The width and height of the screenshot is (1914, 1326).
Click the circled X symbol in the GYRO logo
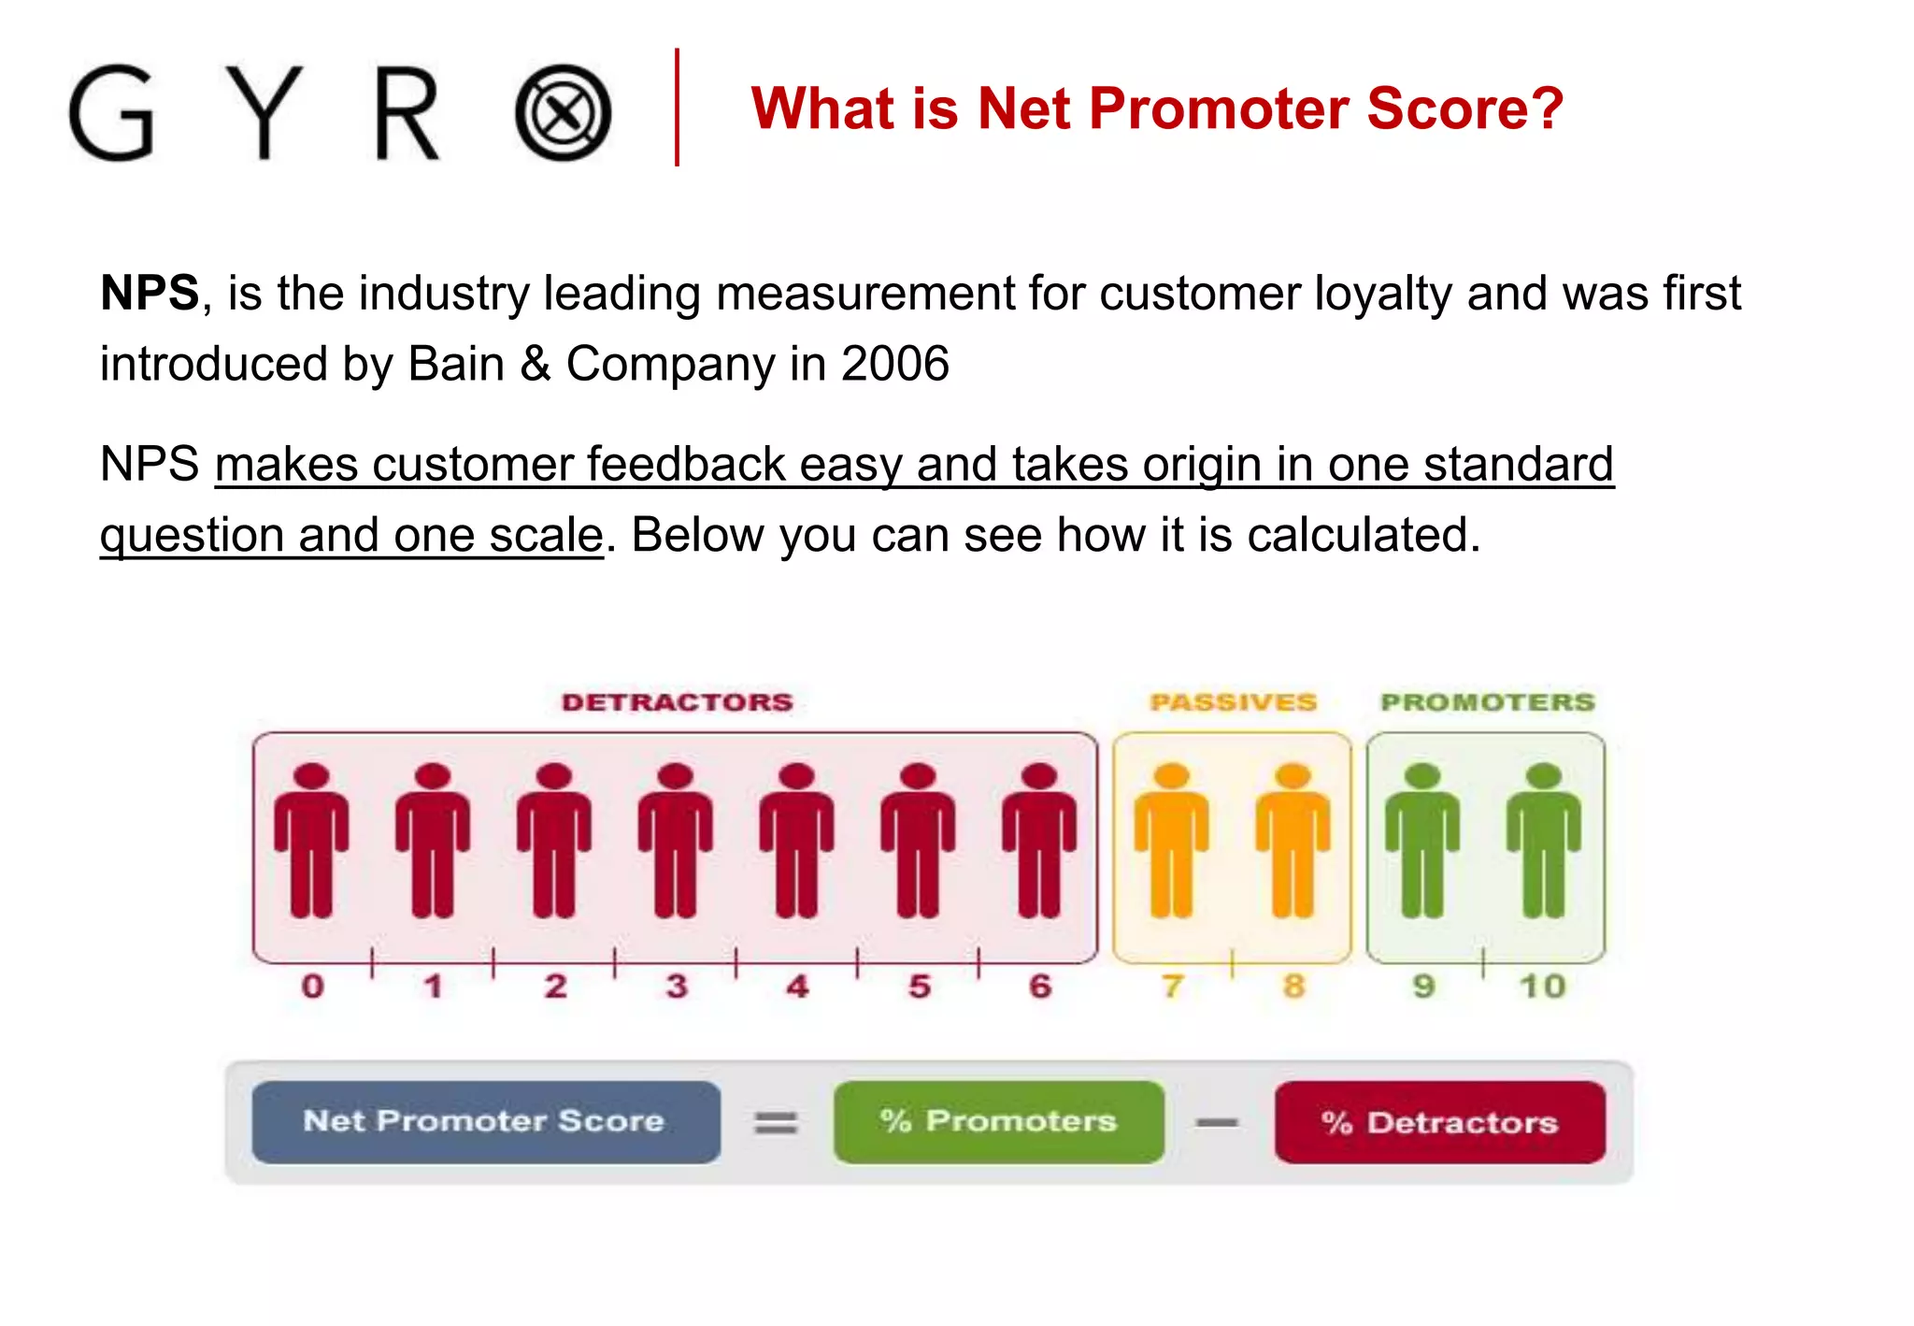point(563,113)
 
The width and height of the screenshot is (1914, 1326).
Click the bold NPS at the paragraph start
point(150,294)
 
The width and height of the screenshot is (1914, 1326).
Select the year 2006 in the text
point(894,364)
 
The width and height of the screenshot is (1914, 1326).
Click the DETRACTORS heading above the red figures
point(677,702)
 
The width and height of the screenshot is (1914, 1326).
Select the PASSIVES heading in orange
point(1233,702)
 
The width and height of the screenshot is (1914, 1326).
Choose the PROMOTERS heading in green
point(1487,702)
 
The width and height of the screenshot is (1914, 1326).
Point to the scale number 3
point(677,986)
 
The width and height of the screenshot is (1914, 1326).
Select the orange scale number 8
point(1293,986)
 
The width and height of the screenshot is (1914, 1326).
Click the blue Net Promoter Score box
point(486,1121)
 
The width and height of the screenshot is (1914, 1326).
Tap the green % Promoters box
point(998,1121)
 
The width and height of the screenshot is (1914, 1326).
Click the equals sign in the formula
point(776,1122)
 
